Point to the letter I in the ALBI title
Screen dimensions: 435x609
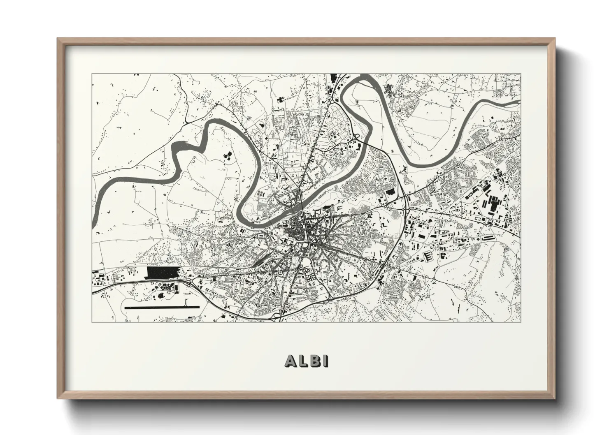click(325, 361)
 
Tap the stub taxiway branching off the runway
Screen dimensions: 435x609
click(187, 303)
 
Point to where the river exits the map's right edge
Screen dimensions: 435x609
click(519, 102)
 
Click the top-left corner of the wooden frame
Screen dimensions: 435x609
click(58, 39)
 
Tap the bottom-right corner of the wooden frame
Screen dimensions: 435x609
click(554, 398)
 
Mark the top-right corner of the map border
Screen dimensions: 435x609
click(521, 74)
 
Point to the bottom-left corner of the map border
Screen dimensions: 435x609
click(92, 322)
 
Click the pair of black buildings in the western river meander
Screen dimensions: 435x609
click(226, 155)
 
